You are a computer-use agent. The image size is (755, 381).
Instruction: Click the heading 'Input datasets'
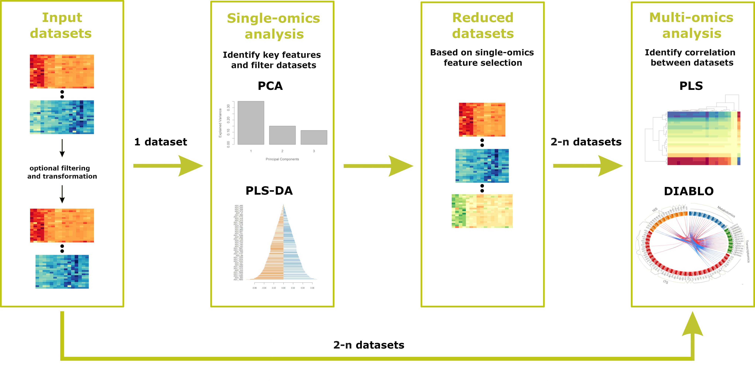pyautogui.click(x=62, y=25)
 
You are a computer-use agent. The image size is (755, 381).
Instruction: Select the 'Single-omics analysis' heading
pyautogui.click(x=273, y=26)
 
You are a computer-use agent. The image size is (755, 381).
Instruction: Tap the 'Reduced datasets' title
pyautogui.click(x=483, y=25)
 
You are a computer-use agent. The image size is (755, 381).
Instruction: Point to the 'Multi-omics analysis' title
pyautogui.click(x=691, y=25)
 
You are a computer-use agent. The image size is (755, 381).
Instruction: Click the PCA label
pyautogui.click(x=270, y=86)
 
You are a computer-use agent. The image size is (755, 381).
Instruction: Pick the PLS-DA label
pyautogui.click(x=269, y=191)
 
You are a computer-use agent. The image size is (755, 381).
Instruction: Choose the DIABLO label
pyautogui.click(x=688, y=191)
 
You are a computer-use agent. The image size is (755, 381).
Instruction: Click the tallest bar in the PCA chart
pyautogui.click(x=251, y=123)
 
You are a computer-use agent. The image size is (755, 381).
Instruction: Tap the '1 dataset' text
pyautogui.click(x=161, y=142)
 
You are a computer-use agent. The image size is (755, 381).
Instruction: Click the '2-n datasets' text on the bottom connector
pyautogui.click(x=369, y=345)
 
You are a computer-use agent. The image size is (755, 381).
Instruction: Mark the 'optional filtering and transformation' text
pyautogui.click(x=62, y=172)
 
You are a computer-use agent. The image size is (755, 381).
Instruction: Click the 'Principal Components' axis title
pyautogui.click(x=282, y=159)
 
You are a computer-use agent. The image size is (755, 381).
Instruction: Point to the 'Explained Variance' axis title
pyautogui.click(x=220, y=123)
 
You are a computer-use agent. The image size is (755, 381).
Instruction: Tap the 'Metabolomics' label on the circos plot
pyautogui.click(x=726, y=211)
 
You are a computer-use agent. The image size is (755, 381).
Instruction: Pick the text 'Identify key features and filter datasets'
pyautogui.click(x=272, y=60)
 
